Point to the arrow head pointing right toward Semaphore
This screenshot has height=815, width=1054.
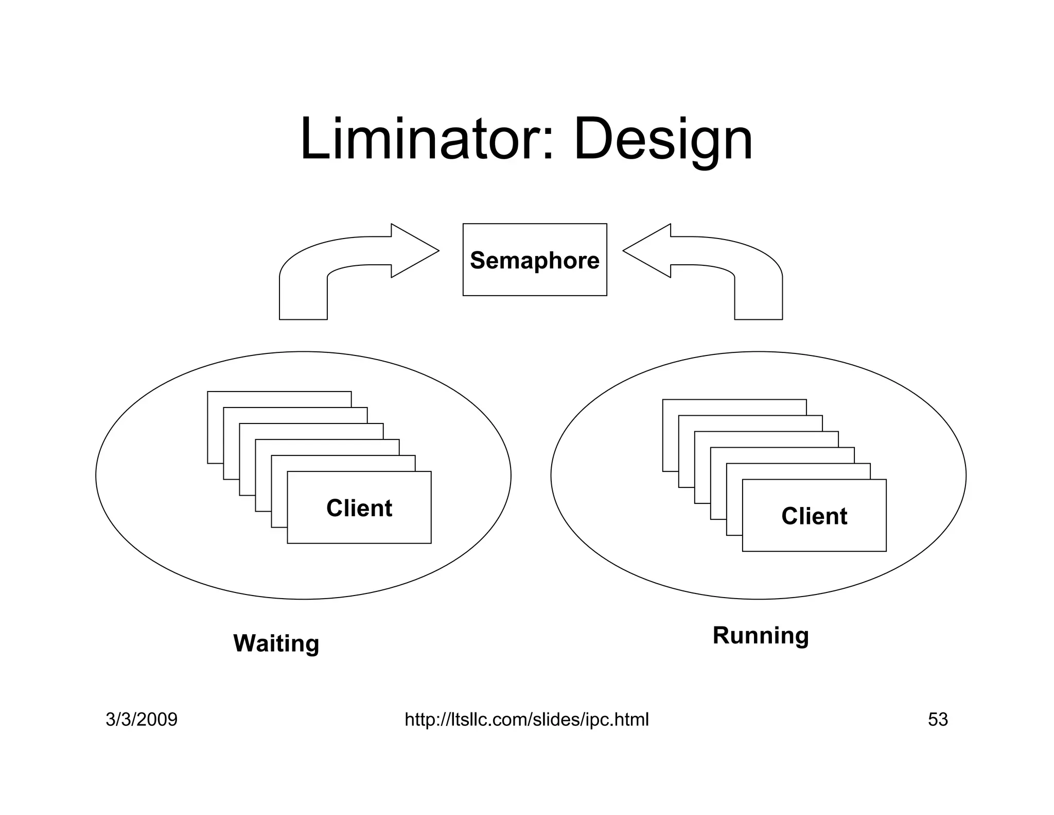tap(414, 251)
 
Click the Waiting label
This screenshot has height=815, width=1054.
tap(276, 643)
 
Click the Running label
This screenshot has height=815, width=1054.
tap(761, 635)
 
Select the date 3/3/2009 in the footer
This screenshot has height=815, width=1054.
tap(142, 719)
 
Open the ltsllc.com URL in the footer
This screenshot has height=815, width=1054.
tap(526, 719)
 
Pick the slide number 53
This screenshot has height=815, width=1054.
tap(938, 719)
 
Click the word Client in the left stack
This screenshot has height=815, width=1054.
tap(359, 508)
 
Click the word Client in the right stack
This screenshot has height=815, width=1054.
tap(814, 516)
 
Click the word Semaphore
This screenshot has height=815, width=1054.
tap(535, 260)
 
